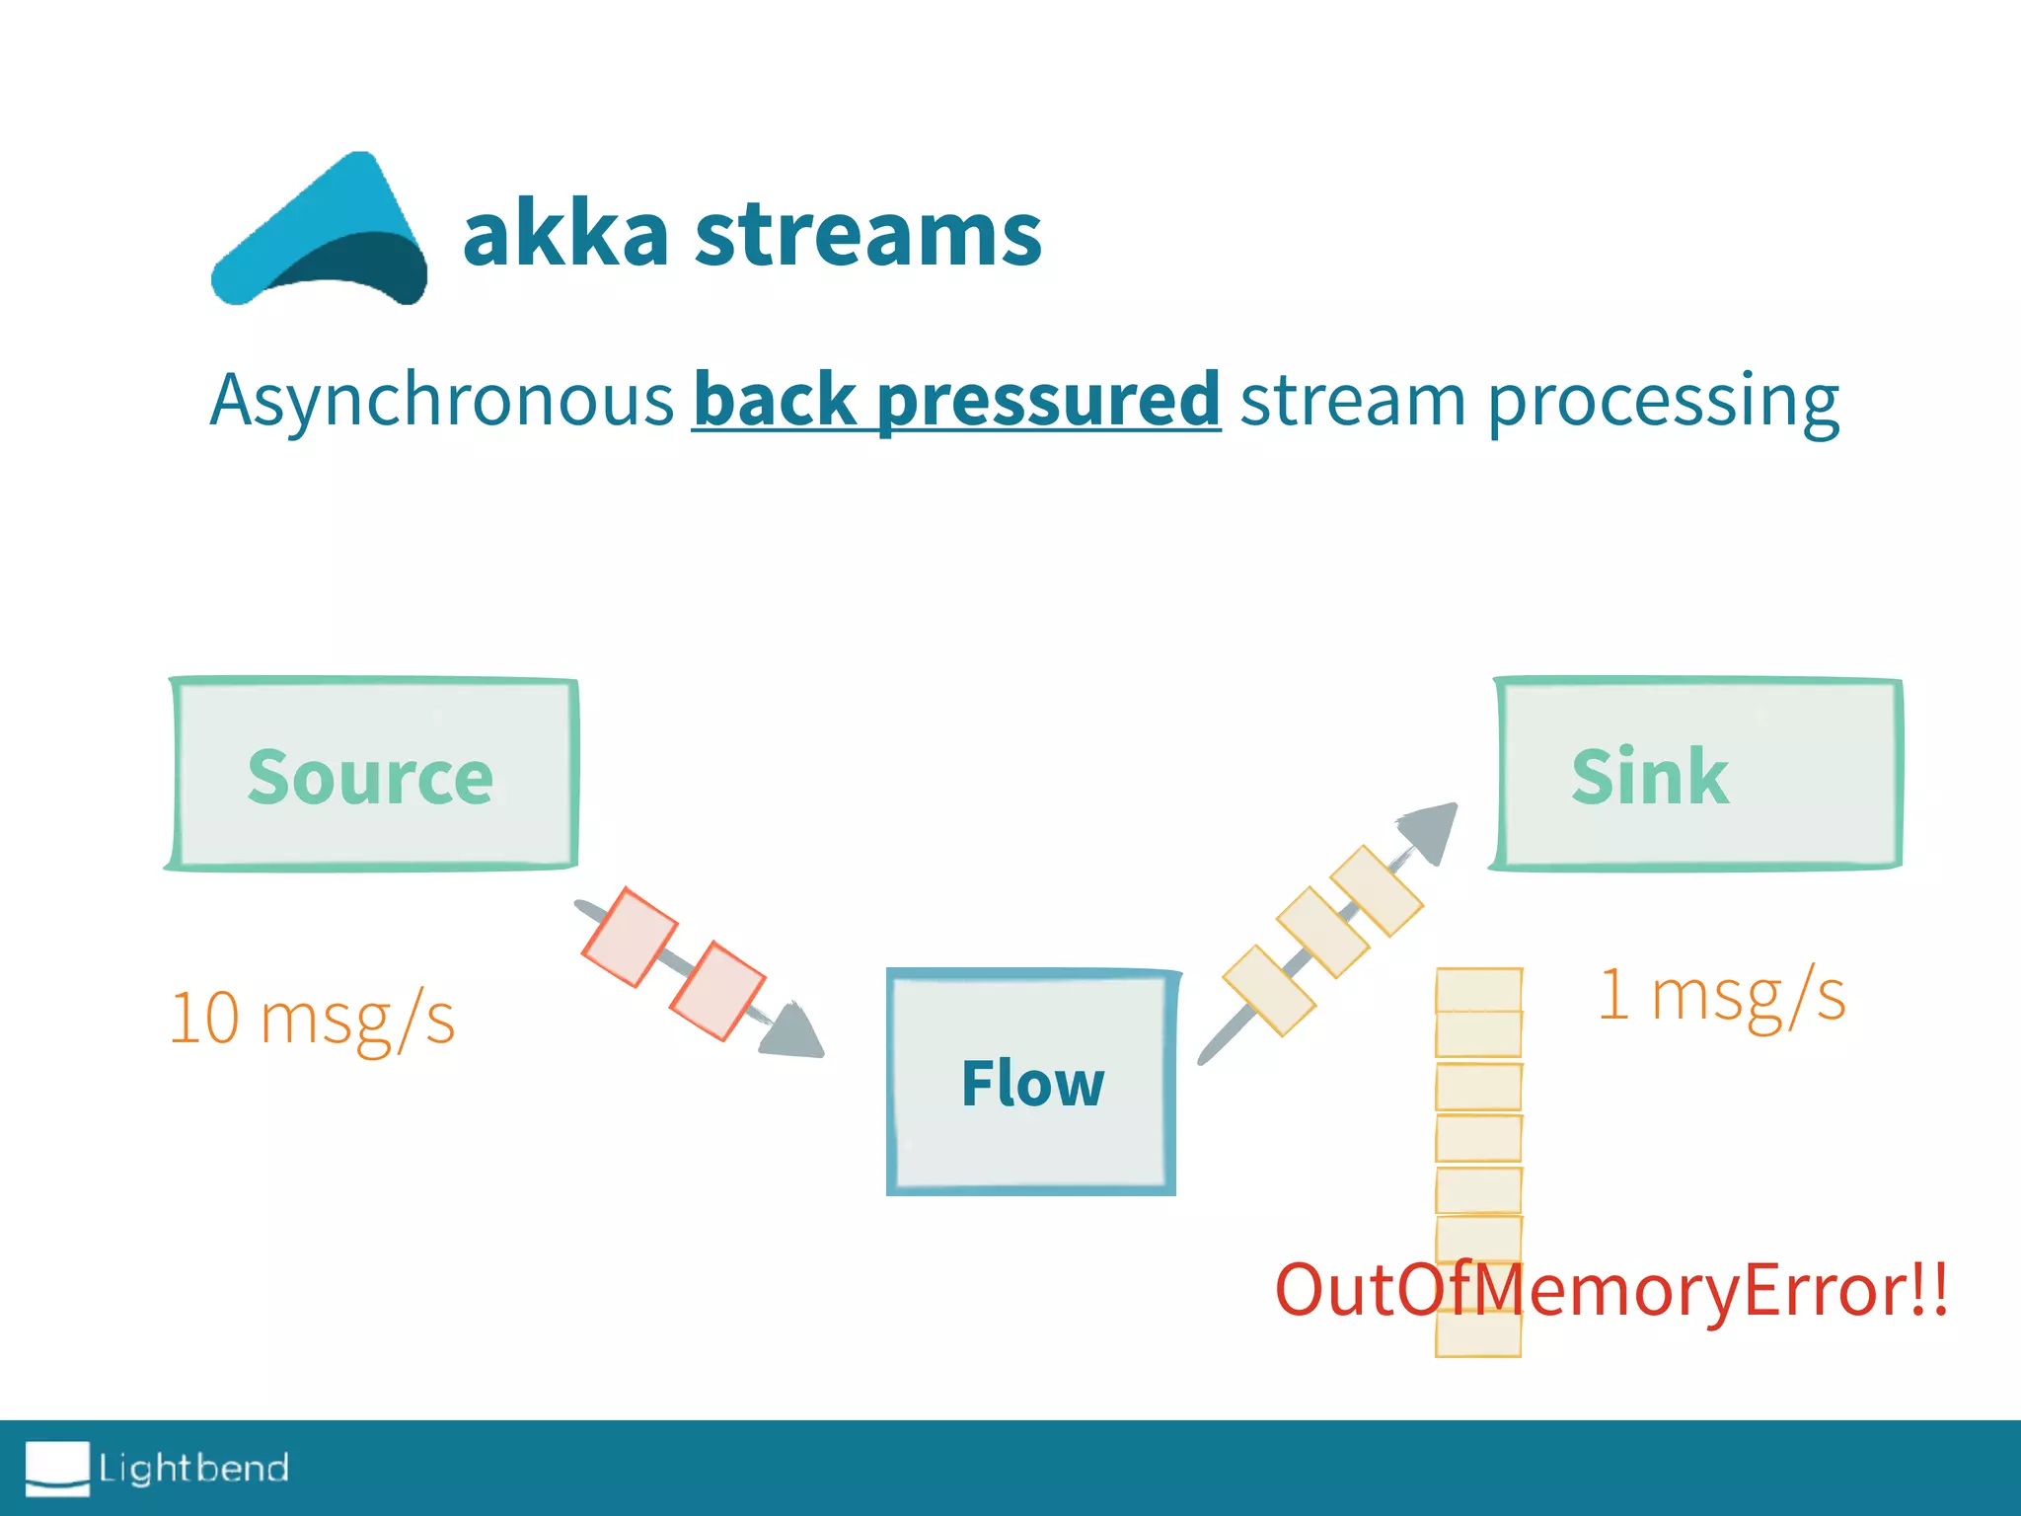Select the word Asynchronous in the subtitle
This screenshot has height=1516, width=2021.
click(x=441, y=400)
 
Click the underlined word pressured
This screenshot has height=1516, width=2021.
click(x=1048, y=400)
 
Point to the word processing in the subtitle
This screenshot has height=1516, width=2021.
click(x=1663, y=400)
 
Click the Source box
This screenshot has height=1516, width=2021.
click(x=371, y=775)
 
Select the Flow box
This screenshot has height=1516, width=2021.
click(x=1032, y=1083)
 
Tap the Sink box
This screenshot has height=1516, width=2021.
click(x=1697, y=775)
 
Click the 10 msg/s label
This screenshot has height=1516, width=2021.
click(x=312, y=1018)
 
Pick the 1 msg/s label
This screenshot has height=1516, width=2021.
click(x=1722, y=994)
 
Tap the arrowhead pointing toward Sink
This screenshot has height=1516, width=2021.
click(x=1433, y=829)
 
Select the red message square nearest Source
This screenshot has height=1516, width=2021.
click(x=629, y=937)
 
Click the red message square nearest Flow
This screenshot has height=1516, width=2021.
click(x=717, y=991)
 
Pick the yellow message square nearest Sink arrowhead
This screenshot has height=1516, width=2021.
click(x=1377, y=890)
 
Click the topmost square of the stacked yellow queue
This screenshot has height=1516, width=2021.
click(x=1478, y=989)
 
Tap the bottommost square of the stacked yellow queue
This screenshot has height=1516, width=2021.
click(x=1478, y=1334)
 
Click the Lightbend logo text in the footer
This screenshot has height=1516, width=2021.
click(x=193, y=1469)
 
